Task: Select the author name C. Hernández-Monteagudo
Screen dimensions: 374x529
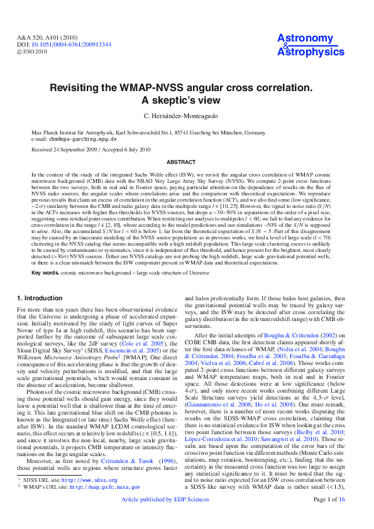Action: tap(187, 117)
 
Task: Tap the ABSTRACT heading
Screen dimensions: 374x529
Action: tap(187, 161)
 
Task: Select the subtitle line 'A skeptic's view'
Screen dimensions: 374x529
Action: tap(187, 101)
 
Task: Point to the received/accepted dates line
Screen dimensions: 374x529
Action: tap(91, 150)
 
